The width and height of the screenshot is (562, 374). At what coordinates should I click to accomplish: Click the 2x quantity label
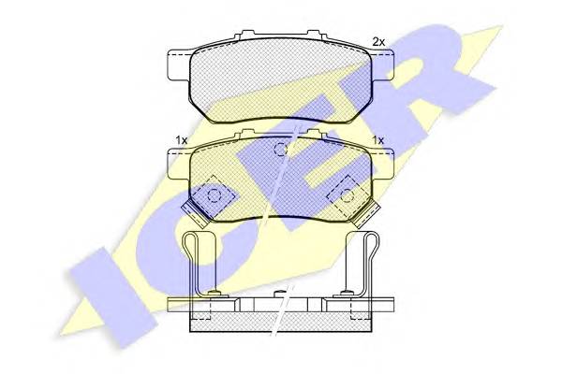tap(378, 42)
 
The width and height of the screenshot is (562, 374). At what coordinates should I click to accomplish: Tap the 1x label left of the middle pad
tap(182, 140)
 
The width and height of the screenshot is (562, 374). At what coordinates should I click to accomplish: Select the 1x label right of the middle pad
tap(377, 140)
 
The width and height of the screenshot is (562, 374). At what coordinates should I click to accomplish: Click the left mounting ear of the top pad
tap(180, 65)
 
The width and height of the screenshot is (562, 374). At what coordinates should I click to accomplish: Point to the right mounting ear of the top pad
tap(382, 65)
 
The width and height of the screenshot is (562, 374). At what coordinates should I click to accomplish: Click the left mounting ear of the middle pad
tap(179, 164)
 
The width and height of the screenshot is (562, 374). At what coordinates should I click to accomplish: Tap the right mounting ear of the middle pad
tap(383, 164)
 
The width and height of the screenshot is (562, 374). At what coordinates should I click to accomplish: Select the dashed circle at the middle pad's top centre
tap(281, 149)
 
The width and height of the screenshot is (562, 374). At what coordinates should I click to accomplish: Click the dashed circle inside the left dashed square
tap(214, 195)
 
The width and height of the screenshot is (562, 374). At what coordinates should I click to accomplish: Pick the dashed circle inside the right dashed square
tap(347, 195)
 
